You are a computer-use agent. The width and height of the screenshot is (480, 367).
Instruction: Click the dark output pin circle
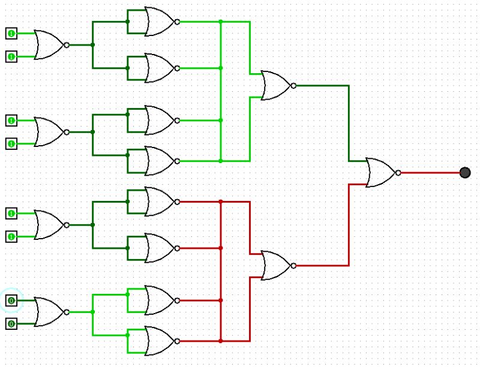[x=464, y=173]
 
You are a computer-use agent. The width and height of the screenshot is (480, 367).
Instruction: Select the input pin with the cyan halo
[x=11, y=300]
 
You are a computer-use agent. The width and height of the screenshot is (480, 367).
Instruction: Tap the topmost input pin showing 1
[x=11, y=32]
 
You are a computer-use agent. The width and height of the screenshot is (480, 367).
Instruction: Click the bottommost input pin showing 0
[x=11, y=324]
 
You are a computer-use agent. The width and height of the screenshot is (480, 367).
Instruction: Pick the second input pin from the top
[x=11, y=56]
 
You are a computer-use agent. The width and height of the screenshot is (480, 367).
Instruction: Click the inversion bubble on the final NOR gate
[x=398, y=173]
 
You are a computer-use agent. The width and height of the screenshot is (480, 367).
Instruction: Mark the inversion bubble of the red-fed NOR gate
[x=293, y=266]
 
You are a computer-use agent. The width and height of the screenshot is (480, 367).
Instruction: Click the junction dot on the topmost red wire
[x=221, y=201]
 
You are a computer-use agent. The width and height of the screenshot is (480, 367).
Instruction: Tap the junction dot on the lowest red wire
[x=221, y=341]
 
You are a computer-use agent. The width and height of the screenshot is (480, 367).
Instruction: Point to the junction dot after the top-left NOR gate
[x=92, y=45]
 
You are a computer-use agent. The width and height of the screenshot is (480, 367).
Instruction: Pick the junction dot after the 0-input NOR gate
[x=92, y=312]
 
